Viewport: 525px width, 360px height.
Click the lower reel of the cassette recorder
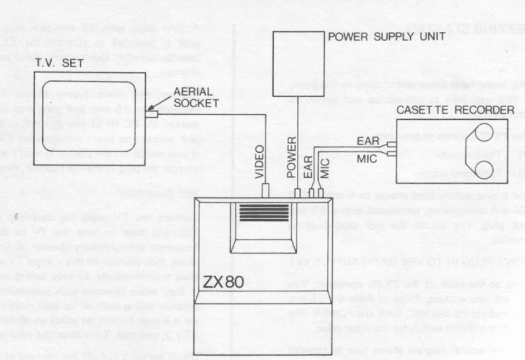483,168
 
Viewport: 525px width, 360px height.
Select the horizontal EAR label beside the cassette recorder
368,141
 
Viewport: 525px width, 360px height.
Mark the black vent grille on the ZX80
259,212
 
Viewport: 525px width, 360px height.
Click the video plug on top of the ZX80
265,191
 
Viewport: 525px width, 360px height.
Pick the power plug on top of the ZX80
298,193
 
